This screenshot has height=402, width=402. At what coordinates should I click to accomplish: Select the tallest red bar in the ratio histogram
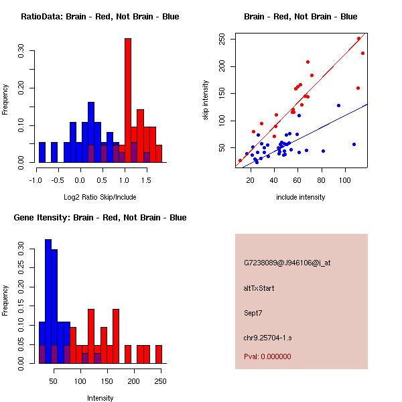click(127, 100)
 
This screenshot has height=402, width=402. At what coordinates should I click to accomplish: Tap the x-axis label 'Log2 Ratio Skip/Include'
click(100, 197)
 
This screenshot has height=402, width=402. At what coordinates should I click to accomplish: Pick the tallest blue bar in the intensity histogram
click(48, 301)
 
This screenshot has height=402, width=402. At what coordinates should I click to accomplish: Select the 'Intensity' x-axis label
click(100, 398)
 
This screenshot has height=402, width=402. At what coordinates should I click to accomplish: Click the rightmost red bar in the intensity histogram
click(159, 354)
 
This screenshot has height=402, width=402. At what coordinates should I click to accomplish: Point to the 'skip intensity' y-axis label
click(206, 100)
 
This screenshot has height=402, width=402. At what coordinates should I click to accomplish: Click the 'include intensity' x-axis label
click(301, 197)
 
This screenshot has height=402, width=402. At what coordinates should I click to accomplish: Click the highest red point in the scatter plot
click(358, 38)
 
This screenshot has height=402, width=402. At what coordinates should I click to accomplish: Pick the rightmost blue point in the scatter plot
click(354, 144)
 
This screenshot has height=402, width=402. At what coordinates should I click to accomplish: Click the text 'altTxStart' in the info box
click(259, 288)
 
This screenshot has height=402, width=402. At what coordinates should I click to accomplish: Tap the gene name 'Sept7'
click(253, 312)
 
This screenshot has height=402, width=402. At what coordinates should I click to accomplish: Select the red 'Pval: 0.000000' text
click(267, 356)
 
